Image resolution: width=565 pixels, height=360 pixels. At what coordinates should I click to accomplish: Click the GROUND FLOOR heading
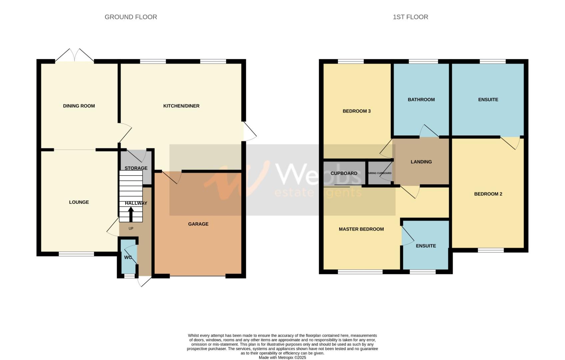(131, 17)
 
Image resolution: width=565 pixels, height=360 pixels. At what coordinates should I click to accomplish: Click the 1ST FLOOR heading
(410, 17)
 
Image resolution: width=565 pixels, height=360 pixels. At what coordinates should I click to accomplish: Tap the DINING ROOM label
(79, 106)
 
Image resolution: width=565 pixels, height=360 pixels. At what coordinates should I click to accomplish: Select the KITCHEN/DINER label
(181, 106)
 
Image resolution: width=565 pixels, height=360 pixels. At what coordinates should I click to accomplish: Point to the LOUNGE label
(79, 202)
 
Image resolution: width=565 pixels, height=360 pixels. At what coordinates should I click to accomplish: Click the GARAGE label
(198, 224)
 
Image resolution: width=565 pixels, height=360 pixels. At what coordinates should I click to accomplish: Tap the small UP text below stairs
(131, 228)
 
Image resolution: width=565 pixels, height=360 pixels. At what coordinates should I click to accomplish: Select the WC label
(128, 257)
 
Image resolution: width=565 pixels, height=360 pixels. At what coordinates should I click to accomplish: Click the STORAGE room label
(136, 168)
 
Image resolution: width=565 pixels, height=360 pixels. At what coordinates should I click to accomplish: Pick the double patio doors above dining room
(75, 56)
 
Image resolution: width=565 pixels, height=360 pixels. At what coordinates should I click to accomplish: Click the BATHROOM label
(421, 99)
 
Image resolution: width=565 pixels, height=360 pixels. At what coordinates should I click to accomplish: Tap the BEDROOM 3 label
(357, 111)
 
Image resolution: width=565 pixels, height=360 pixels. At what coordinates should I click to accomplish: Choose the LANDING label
(421, 162)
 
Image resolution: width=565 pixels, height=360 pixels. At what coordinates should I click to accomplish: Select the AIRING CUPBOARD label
(380, 173)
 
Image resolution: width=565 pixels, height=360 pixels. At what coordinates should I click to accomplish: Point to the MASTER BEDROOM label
(361, 229)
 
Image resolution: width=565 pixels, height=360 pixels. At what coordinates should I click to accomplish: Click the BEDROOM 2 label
(488, 194)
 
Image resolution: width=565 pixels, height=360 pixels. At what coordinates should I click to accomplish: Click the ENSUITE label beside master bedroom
(426, 246)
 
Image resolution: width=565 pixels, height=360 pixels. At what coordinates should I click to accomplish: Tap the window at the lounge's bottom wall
(76, 254)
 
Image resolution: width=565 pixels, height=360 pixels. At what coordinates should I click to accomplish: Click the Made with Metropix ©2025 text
(282, 358)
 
